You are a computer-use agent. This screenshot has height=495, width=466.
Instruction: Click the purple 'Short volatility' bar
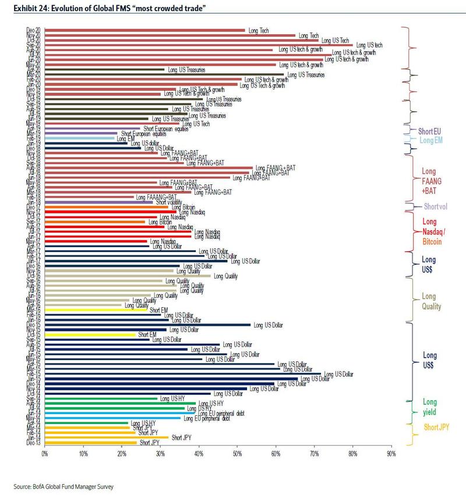coord(99,202)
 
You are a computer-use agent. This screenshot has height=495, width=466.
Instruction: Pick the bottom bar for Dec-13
coord(90,443)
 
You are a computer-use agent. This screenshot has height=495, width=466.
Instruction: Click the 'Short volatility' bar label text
coord(170,202)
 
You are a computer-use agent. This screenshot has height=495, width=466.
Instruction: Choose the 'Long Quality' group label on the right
coord(431,301)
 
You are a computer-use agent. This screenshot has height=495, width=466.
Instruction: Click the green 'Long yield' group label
coord(429,407)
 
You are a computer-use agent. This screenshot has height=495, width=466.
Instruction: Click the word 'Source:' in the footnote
coord(22,486)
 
